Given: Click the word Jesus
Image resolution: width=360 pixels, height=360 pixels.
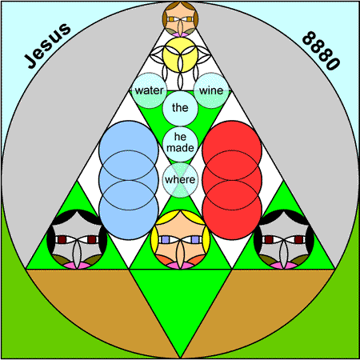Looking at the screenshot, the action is (48, 46).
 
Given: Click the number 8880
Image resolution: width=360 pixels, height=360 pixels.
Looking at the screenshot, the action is (321, 50).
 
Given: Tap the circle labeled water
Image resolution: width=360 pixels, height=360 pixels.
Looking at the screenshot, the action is (150, 90).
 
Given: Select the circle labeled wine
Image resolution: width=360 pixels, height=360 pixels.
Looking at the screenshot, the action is (211, 90).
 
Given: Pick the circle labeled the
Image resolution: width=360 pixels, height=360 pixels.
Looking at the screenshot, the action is (180, 108).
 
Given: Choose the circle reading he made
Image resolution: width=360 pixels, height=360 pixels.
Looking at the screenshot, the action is (180, 144).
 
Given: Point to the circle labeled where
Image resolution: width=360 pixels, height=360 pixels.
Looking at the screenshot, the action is (180, 180).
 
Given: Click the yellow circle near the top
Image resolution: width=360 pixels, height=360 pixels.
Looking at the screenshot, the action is (180, 54).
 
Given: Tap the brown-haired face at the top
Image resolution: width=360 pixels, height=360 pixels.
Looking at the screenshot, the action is (180, 19).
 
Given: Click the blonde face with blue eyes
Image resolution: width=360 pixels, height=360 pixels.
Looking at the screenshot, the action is (180, 239).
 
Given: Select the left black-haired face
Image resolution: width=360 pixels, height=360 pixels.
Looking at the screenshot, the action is (77, 239).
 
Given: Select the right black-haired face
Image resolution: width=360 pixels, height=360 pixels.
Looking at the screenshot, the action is (284, 239).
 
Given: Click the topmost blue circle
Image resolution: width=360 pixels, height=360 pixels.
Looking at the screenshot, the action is (129, 150).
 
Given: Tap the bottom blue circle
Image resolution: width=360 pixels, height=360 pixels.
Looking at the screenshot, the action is (129, 210).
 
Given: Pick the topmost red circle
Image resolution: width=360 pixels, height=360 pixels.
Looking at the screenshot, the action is (232, 150).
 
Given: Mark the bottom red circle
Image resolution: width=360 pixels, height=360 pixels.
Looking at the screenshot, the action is (232, 210).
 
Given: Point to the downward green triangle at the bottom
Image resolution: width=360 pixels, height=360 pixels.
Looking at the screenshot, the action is (180, 298).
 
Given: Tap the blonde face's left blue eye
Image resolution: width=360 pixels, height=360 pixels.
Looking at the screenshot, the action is (166, 239).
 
